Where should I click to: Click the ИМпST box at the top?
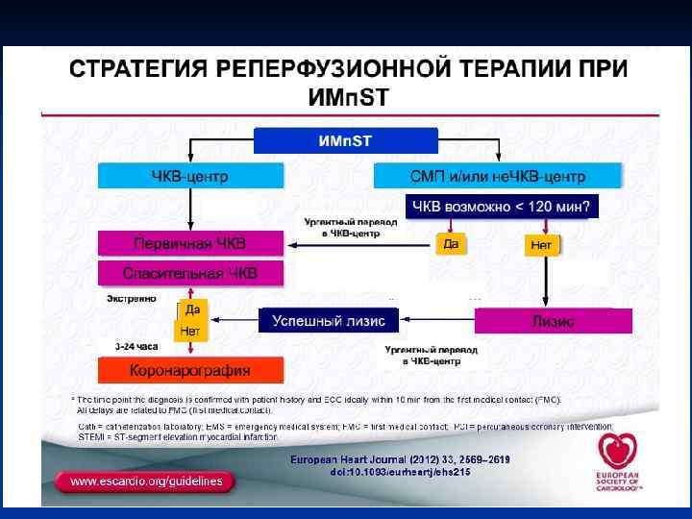click(345, 141)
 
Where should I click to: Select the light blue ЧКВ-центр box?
click(190, 176)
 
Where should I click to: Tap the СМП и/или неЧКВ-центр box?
click(498, 176)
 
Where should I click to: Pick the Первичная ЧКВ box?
click(190, 244)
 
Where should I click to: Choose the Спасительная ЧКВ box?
click(190, 273)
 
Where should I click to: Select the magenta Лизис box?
click(553, 321)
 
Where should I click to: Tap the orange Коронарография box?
click(190, 370)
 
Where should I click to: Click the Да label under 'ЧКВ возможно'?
click(450, 244)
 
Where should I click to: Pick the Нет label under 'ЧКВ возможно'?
click(540, 246)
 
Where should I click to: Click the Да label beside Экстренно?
click(192, 309)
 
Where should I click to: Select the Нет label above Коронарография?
click(189, 331)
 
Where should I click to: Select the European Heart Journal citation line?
click(400, 460)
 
